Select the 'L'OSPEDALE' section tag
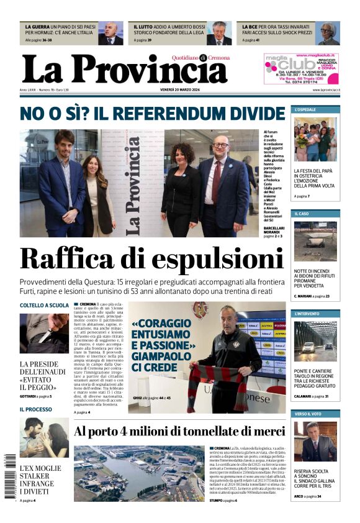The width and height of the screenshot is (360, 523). pyautogui.click(x=305, y=109)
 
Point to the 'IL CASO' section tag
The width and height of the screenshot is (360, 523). pyautogui.click(x=302, y=214)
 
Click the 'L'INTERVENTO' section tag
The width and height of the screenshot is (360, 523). pyautogui.click(x=307, y=314)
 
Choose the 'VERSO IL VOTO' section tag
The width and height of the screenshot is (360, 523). pyautogui.click(x=308, y=414)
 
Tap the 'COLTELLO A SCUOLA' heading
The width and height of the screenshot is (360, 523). pyautogui.click(x=44, y=306)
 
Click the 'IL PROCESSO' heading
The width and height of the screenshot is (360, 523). pyautogui.click(x=36, y=409)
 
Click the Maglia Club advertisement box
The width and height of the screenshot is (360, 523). pyautogui.click(x=301, y=68)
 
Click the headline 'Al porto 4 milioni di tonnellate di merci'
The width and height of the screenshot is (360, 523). pyautogui.click(x=179, y=432)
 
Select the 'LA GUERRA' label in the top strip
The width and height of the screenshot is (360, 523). pyautogui.click(x=37, y=27)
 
